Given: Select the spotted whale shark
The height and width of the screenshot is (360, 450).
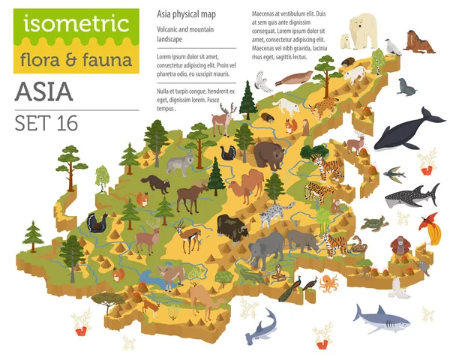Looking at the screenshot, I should coord(412,196).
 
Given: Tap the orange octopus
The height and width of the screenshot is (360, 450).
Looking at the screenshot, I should coord(329,283).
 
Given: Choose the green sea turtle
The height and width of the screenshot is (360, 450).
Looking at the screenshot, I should coord(373,223).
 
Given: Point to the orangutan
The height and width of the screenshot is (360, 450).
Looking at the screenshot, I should coord(407,246).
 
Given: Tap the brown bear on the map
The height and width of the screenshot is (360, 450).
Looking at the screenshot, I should coord(268,154).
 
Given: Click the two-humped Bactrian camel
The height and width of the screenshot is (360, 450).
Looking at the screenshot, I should coord(244,187).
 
